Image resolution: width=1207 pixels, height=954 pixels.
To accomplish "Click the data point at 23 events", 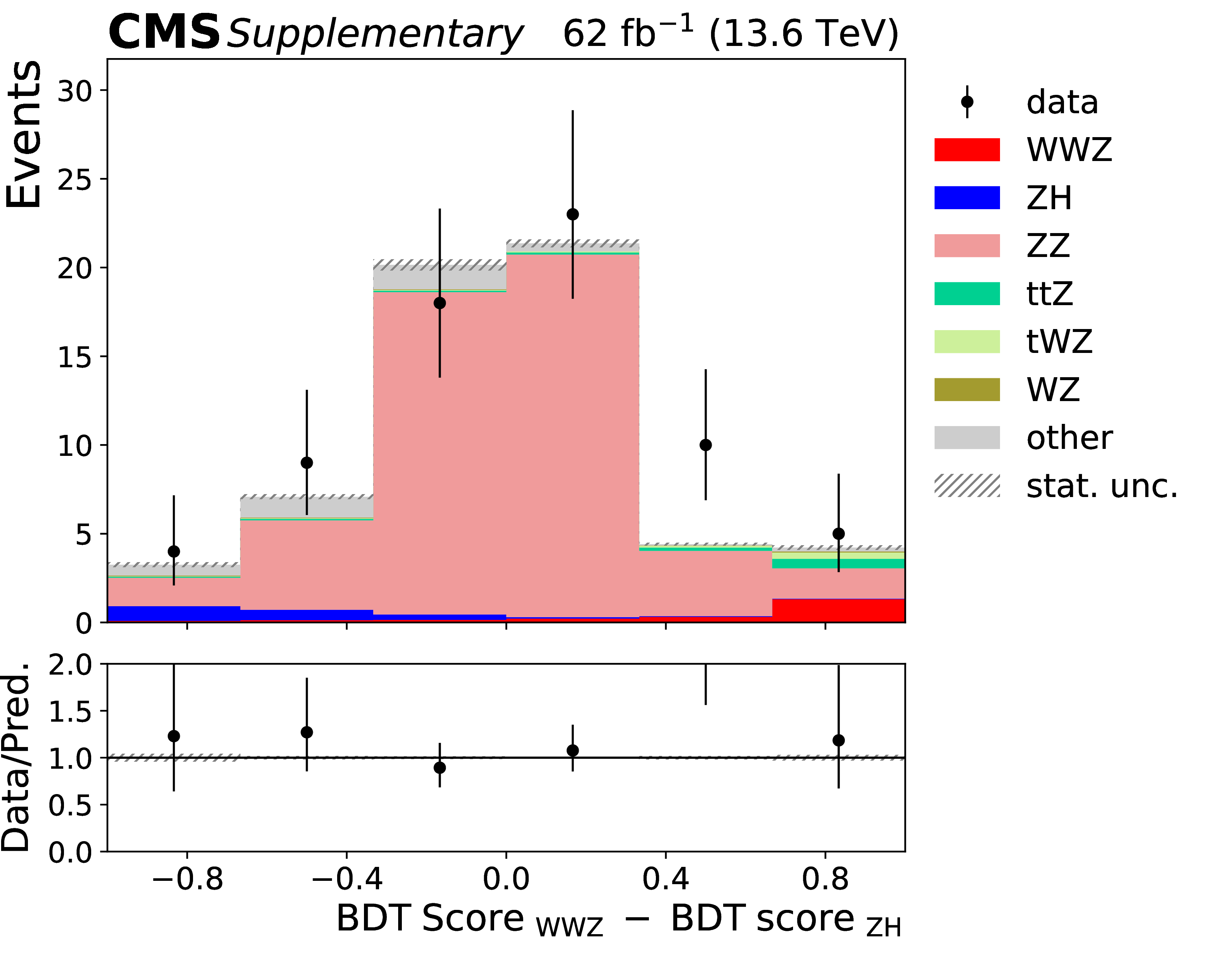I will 572,214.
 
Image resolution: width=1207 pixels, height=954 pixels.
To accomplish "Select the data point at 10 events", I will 706,445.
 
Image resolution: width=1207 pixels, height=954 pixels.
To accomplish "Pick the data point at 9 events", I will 307,462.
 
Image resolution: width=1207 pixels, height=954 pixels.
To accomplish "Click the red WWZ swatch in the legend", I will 967,150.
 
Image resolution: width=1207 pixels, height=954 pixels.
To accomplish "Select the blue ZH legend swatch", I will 967,198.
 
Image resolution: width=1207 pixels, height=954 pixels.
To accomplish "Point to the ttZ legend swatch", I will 967,294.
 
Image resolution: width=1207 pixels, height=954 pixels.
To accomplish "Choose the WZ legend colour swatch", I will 967,390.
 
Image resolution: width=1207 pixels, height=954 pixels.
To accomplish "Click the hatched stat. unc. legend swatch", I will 967,485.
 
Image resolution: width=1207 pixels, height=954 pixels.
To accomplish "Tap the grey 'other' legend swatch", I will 967,437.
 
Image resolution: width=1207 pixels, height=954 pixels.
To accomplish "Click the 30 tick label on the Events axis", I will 74,90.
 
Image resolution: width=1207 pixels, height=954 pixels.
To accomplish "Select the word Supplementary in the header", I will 375,35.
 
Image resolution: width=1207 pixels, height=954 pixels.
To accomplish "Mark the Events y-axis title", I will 24,134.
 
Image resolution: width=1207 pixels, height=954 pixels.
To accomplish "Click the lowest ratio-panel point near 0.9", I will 440,768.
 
